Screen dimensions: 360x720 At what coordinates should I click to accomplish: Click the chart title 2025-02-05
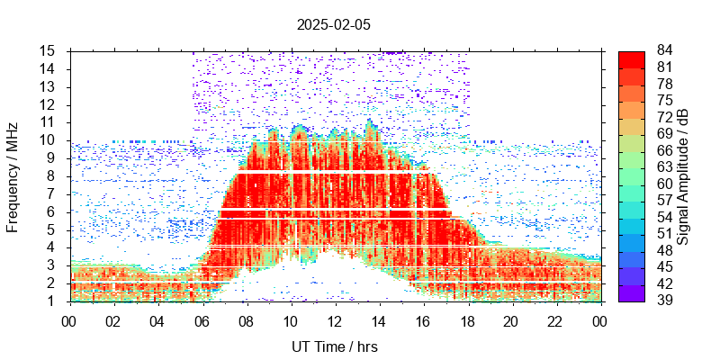pyautogui.click(x=333, y=24)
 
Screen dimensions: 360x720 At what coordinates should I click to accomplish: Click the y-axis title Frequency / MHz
pyautogui.click(x=13, y=175)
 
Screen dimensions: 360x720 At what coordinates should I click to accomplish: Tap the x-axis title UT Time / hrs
pyautogui.click(x=335, y=346)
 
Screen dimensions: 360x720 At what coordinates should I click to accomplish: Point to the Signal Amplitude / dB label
pyautogui.click(x=683, y=175)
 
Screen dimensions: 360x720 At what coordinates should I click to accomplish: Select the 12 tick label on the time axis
pyautogui.click(x=335, y=321)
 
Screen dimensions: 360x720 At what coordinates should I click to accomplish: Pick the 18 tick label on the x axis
pyautogui.click(x=467, y=321)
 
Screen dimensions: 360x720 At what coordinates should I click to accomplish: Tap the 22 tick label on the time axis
pyautogui.click(x=555, y=321)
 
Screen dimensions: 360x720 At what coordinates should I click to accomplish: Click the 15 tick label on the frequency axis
pyautogui.click(x=48, y=50)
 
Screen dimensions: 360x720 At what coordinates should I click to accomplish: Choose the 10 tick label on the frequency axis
pyautogui.click(x=48, y=140)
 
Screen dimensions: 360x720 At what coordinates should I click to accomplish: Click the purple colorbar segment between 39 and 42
pyautogui.click(x=631, y=293)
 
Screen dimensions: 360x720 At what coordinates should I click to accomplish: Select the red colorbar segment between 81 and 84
pyautogui.click(x=631, y=58)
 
